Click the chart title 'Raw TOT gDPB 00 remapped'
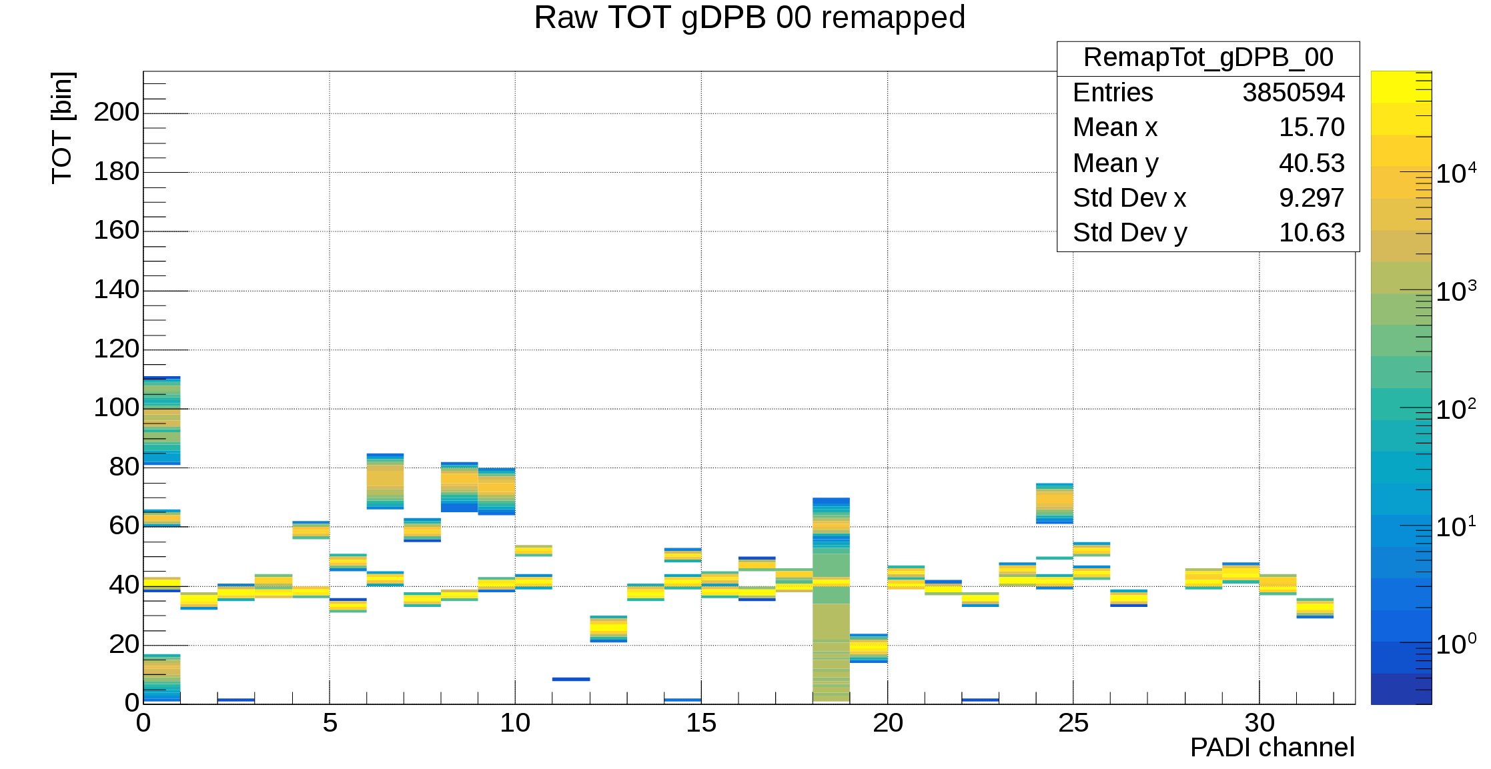point(749,18)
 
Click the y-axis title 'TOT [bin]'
point(63,127)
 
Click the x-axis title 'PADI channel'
point(1272,748)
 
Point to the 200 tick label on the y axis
point(117,112)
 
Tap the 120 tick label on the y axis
point(117,349)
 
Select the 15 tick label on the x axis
point(701,723)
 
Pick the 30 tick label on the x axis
point(1260,723)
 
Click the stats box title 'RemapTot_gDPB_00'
point(1208,58)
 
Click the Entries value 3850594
point(1293,93)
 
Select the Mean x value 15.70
point(1311,127)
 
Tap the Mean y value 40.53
point(1311,163)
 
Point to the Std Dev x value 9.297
point(1311,198)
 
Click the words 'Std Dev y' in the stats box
point(1129,233)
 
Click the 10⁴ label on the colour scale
point(1456,173)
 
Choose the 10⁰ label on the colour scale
point(1456,644)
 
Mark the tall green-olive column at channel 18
point(831,640)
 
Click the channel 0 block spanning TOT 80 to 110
point(162,420)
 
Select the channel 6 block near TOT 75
point(385,482)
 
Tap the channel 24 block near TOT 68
point(1054,504)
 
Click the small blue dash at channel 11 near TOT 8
point(571,679)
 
